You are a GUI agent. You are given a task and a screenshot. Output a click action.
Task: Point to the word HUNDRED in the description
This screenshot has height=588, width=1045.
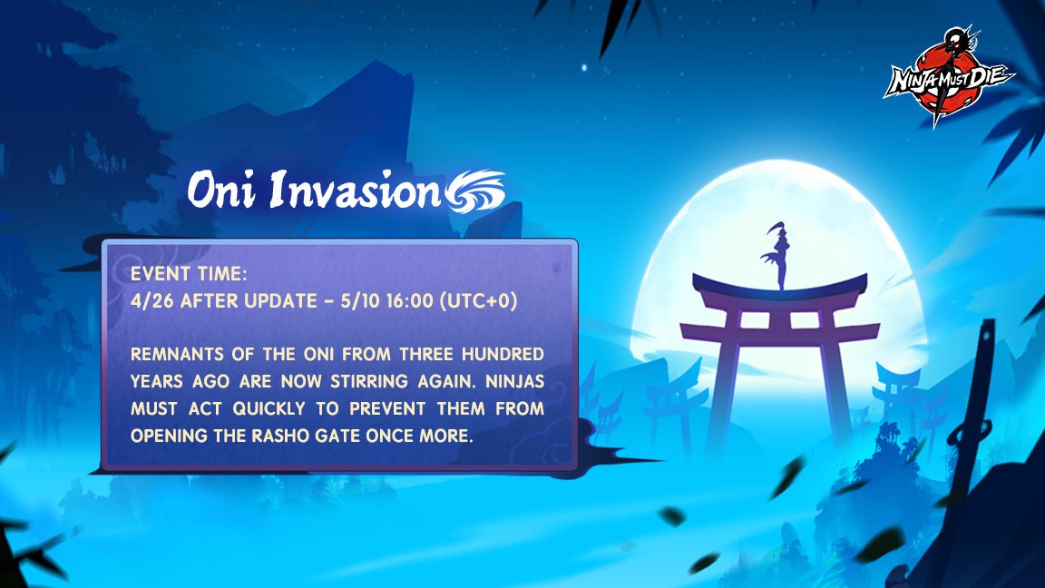coord(528,354)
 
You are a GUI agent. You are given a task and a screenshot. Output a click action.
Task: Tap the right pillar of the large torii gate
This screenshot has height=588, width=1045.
coord(834,381)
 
